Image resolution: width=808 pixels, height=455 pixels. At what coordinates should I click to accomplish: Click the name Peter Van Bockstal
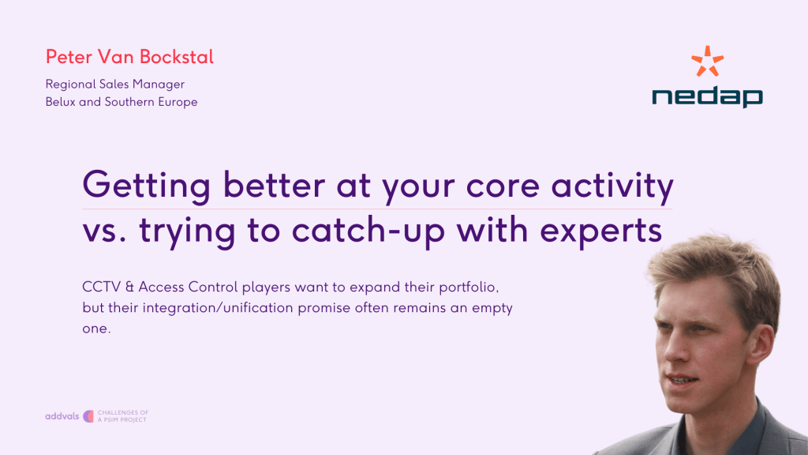click(129, 57)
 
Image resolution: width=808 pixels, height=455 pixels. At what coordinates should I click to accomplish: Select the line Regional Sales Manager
click(115, 84)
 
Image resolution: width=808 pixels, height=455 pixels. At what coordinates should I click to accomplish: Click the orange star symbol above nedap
click(708, 62)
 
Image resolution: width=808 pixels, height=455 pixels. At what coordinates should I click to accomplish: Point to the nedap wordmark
click(707, 96)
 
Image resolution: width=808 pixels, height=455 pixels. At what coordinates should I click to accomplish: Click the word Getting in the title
click(146, 186)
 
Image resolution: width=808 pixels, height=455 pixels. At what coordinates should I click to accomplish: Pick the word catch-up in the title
click(368, 231)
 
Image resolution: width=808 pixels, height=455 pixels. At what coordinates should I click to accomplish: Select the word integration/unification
click(218, 308)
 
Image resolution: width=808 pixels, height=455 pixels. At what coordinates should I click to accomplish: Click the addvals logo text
click(62, 416)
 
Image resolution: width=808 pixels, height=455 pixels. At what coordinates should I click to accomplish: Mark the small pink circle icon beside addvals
click(88, 416)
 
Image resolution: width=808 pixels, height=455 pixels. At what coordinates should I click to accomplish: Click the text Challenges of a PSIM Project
click(122, 416)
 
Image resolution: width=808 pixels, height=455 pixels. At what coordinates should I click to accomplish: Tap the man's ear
click(765, 344)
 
